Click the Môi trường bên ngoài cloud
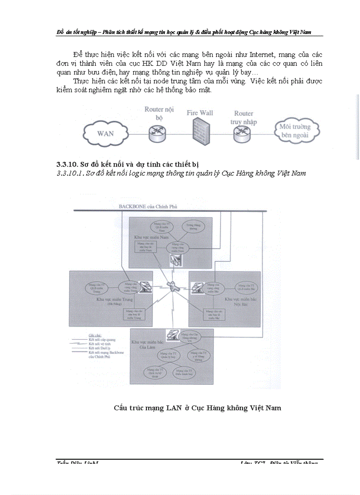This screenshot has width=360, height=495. click(x=295, y=131)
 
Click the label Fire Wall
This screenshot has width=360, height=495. click(x=199, y=113)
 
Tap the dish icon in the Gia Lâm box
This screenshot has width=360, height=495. click(x=173, y=335)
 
